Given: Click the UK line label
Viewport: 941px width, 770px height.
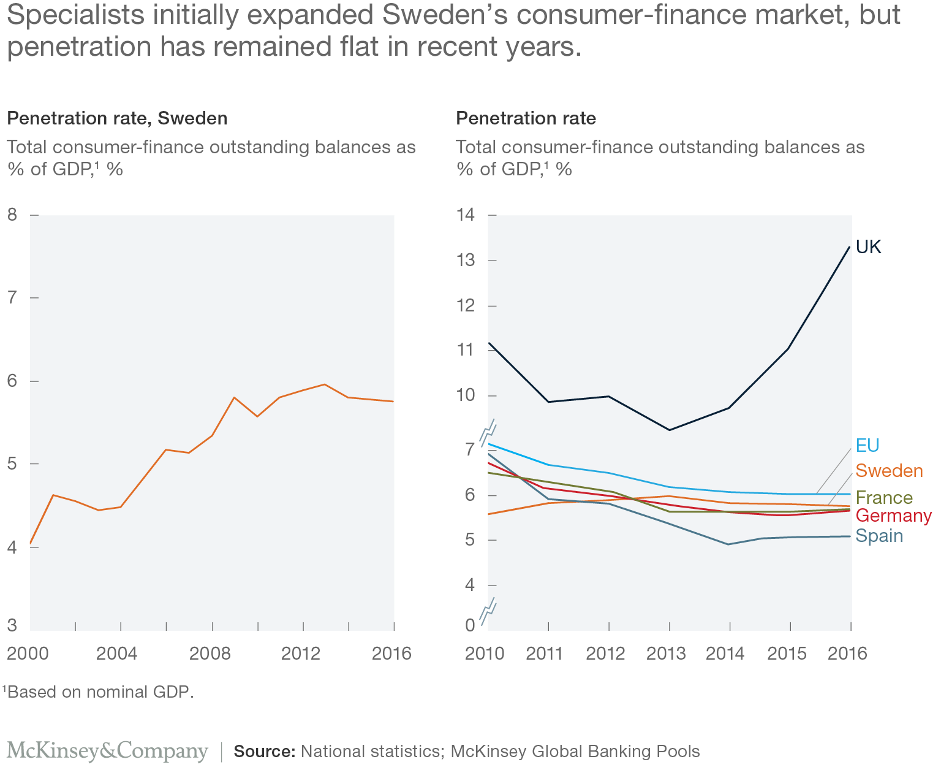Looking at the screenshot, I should point(868,247).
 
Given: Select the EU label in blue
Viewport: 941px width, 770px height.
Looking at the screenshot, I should point(867,445).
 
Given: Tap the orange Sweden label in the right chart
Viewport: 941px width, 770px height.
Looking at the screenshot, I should point(889,471).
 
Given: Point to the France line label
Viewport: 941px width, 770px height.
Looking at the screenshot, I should point(884,497).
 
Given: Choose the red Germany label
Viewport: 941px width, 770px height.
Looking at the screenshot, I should point(893,516).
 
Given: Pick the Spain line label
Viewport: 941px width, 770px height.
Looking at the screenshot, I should point(879,536).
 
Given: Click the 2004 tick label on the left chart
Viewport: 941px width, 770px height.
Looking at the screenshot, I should point(116,654).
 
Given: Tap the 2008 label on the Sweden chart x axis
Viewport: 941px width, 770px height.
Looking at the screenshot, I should point(210,654).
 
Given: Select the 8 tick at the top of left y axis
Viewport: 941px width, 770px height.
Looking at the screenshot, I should point(12,215).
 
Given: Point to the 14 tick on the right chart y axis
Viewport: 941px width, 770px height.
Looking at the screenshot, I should point(466,215).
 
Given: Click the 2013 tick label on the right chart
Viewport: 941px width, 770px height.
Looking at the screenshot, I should point(666,654).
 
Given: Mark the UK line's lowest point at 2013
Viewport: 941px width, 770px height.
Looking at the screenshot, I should point(670,430).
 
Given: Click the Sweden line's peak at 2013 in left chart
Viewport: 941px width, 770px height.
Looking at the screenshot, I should point(325,384).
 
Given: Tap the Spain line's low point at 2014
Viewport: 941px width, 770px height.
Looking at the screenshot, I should point(729,544).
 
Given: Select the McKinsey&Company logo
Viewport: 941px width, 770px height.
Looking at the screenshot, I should point(107,751).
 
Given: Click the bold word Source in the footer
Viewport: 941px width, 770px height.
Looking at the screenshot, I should point(264,752).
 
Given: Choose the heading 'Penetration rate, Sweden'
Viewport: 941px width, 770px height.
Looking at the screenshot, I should point(117,118).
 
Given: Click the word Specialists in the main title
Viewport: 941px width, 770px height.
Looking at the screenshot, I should point(75,15).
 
